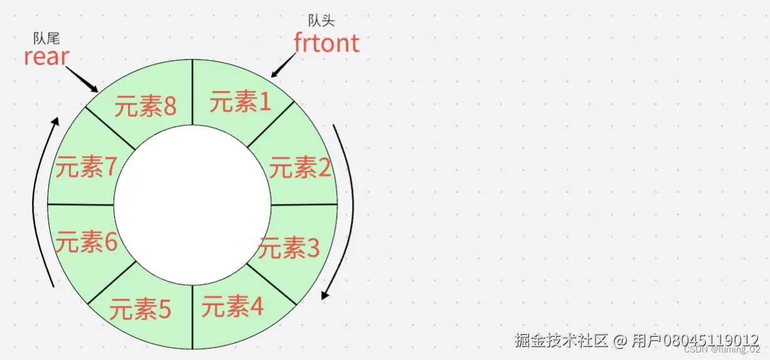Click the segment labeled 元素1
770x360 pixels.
240,101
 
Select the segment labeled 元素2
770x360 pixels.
300,167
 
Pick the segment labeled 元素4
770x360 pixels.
232,307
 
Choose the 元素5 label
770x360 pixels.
140,309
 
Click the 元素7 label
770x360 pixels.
86,167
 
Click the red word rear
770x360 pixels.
46,56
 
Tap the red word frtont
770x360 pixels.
326,43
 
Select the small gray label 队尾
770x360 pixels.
46,39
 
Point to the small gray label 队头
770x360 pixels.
321,21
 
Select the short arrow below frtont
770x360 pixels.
284,65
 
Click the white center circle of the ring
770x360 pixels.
192,204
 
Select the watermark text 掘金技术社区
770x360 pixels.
561,341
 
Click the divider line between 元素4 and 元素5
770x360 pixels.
192,316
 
